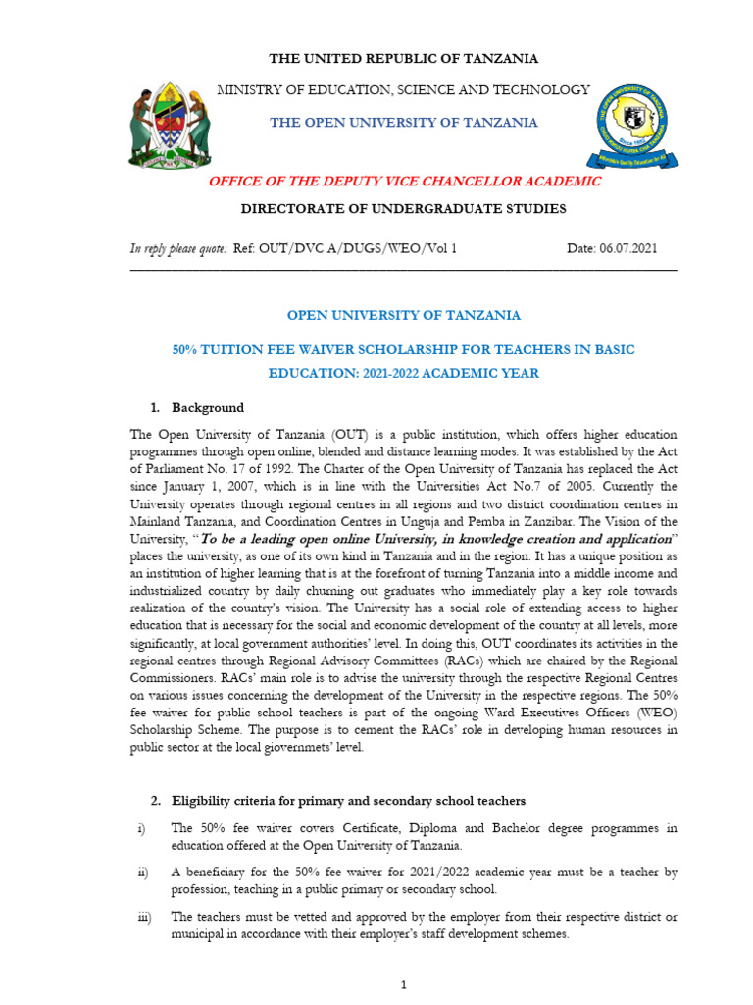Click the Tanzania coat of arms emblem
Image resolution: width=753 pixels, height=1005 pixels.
[169, 124]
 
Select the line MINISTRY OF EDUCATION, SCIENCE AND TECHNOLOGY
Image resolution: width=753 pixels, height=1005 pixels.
[403, 90]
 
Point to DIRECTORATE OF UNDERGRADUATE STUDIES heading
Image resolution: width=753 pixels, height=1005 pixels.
[403, 208]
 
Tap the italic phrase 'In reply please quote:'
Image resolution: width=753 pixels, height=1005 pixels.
[178, 249]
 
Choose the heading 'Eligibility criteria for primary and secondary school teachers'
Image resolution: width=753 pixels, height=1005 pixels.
[348, 801]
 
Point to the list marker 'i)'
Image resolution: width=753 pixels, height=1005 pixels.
[140, 828]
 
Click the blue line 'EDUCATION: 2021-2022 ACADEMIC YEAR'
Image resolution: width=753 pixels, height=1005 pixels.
[403, 374]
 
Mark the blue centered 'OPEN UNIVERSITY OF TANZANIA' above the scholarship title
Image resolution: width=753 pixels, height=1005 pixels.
[403, 316]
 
